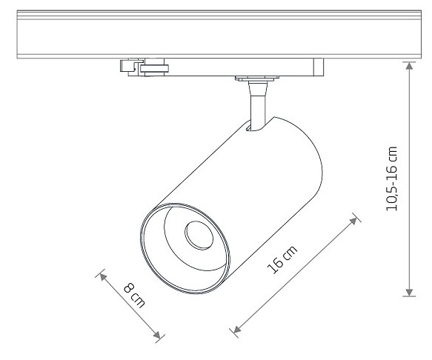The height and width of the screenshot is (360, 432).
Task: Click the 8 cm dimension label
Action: pos(134,296)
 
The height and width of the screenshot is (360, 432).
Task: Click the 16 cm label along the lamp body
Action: pos(282,259)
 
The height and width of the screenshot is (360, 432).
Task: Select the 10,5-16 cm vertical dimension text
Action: pos(392,179)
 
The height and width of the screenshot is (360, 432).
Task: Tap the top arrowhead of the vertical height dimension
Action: pos(409,65)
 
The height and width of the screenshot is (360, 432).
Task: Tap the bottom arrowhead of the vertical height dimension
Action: pos(409,293)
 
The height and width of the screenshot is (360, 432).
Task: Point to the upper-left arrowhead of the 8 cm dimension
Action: pos(102,276)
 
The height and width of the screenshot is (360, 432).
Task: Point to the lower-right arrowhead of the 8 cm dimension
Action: pos(157,336)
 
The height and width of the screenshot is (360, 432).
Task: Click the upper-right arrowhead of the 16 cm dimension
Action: pos(353,221)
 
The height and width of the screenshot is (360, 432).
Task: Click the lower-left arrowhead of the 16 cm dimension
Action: pos(236,329)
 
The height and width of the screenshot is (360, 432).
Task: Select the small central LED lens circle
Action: pos(199,236)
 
